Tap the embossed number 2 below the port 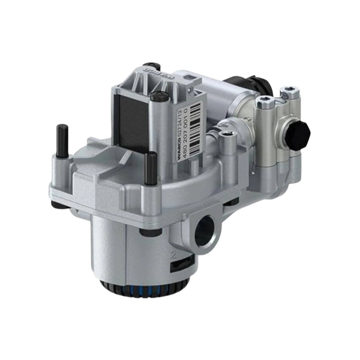point(173,254)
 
